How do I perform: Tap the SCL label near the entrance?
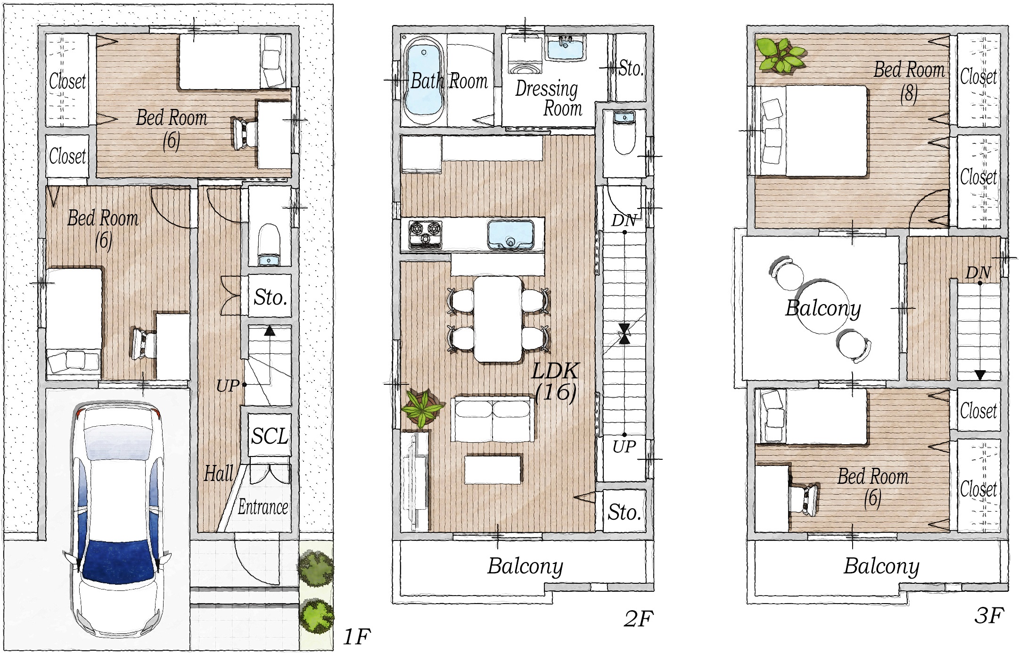point(270,436)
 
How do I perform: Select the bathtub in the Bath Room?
point(425,80)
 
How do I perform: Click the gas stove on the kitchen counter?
point(425,234)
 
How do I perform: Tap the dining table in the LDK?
point(498,319)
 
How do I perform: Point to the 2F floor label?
point(639,619)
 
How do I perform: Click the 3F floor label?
point(989,615)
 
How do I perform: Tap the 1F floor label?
point(356,637)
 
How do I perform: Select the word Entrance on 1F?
point(263,507)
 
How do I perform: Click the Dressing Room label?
point(548,98)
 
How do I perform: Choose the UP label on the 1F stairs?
point(228,386)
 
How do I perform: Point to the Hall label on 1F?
point(219,473)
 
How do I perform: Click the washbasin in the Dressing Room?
point(566,49)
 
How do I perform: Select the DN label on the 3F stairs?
point(978,273)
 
